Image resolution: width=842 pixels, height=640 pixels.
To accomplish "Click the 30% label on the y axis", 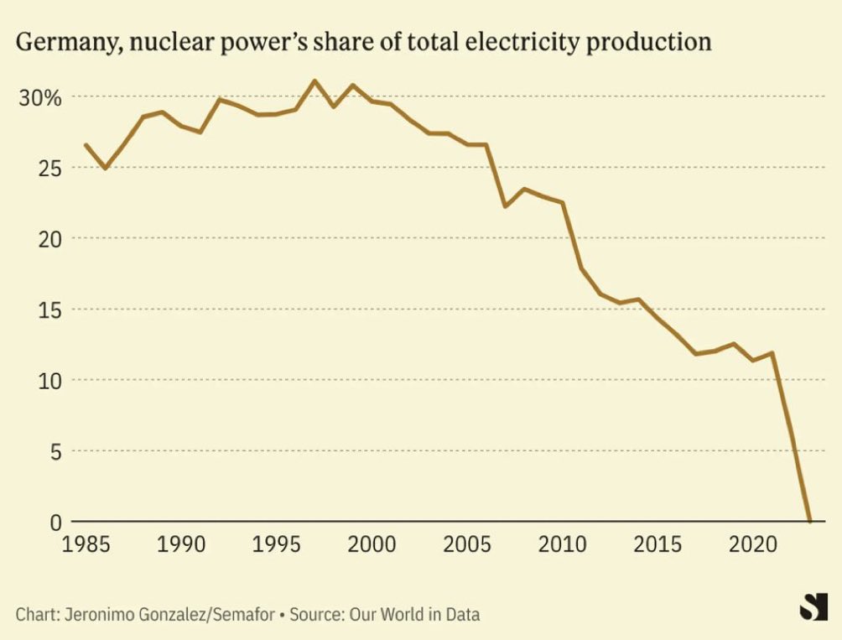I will click(x=40, y=97).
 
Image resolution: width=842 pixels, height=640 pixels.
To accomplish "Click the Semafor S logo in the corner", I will click(x=808, y=606).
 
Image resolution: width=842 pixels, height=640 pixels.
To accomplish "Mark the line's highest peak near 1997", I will click(x=314, y=81).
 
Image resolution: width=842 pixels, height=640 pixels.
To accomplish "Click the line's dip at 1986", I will click(x=105, y=169).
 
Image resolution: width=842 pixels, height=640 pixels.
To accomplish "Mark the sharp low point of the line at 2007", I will click(x=505, y=206).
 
